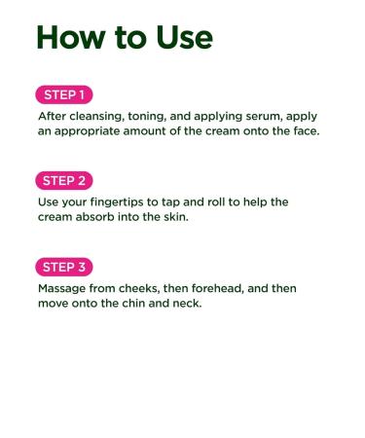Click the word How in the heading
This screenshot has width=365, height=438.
coord(71,37)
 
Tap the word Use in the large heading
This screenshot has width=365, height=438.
coord(184,37)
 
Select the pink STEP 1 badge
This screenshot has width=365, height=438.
coord(64,94)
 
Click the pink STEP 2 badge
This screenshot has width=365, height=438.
coord(64,181)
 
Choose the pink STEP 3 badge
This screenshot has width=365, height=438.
coord(64,267)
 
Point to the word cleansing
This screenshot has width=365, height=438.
coord(96,117)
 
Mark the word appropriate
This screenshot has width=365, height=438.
coord(87,131)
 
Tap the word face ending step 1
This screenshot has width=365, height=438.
coord(306,131)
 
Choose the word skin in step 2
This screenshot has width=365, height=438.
coord(175,217)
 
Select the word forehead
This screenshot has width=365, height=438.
coord(217,288)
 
